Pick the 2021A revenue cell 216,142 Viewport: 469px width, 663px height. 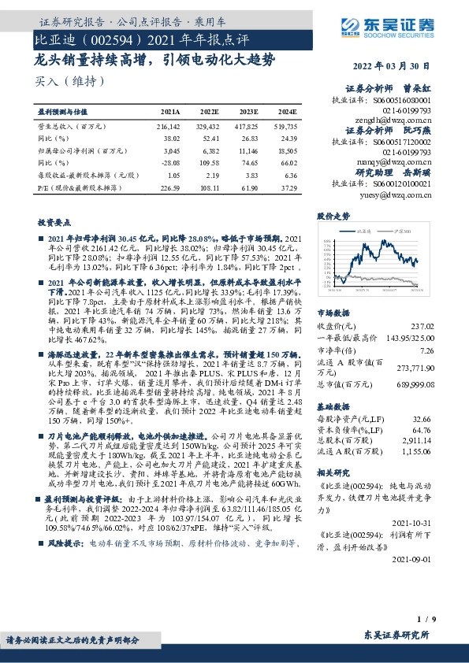click(x=169, y=126)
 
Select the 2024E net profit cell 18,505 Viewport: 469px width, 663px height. click(x=286, y=150)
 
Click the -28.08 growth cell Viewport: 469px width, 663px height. click(x=171, y=161)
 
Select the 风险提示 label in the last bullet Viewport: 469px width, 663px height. click(x=65, y=587)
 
